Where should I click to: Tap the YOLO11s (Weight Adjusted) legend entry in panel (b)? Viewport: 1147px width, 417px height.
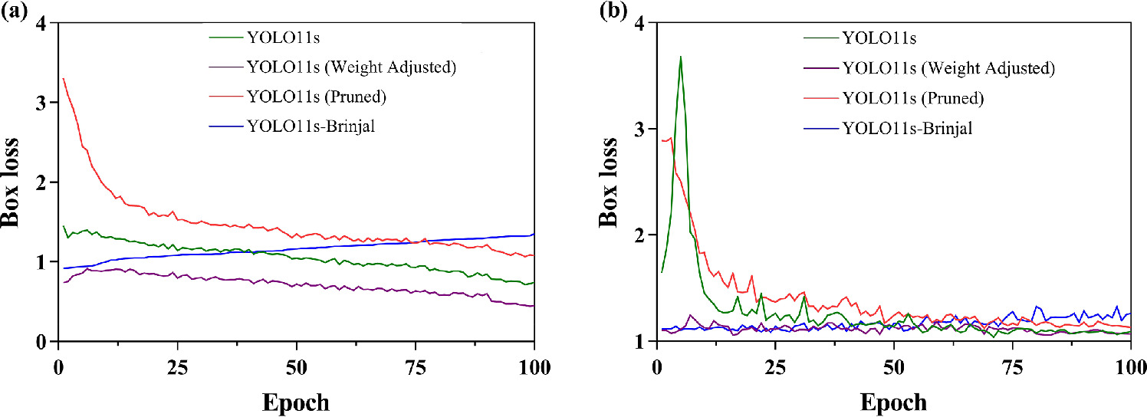[x=948, y=68]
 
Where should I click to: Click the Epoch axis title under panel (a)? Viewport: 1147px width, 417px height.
[x=296, y=402]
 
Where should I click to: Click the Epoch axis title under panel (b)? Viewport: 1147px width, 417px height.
[x=893, y=402]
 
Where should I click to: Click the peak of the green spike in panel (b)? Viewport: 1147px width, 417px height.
[x=680, y=57]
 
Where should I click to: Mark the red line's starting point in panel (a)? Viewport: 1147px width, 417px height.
[x=63, y=79]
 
